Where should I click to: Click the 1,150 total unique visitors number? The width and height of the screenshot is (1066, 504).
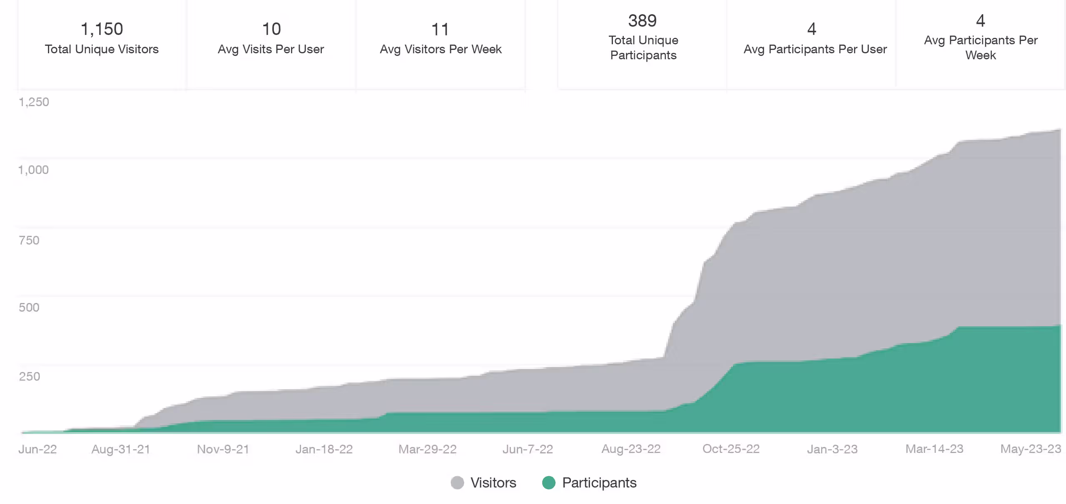102,29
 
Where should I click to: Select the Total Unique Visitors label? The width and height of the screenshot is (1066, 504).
102,49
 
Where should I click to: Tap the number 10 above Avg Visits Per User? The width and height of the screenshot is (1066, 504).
271,29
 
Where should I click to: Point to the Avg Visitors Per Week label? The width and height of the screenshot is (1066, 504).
441,49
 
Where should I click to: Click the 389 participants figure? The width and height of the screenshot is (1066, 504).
643,21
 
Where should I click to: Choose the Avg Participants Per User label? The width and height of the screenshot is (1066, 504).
815,49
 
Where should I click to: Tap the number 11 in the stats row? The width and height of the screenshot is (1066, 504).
440,30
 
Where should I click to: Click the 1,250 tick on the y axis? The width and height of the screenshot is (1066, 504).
34,102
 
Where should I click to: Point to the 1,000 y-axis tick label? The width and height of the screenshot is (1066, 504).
33,170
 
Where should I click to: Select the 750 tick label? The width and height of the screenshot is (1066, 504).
29,240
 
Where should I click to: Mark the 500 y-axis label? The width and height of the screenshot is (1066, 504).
29,308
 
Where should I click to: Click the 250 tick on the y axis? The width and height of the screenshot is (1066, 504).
30,377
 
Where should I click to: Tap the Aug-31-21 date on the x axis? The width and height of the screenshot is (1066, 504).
121,449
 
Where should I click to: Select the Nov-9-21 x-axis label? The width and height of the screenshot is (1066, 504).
223,449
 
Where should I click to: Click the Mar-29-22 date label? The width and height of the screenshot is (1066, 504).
428,449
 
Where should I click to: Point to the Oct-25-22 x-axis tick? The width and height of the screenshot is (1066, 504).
731,449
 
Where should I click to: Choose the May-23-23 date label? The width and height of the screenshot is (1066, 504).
1031,449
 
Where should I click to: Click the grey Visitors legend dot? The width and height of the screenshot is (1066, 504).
457,483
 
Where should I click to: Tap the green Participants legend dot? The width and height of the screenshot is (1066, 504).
549,483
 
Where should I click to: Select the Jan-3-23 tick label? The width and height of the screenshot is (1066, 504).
832,449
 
